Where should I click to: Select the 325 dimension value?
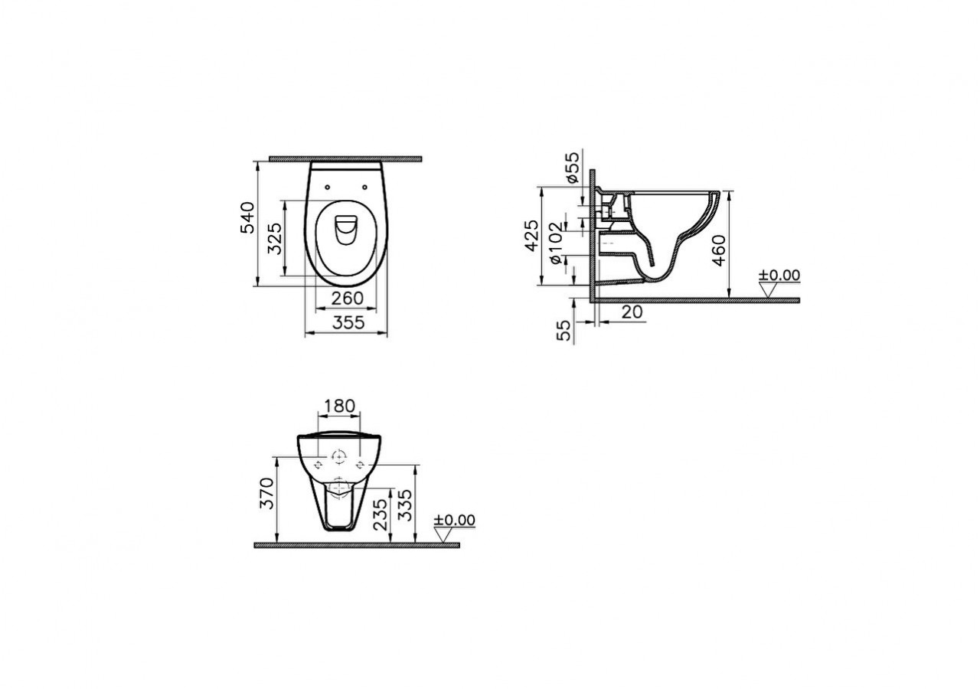pos(275,238)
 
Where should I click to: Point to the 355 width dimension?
pos(348,324)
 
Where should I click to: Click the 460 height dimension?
pos(718,250)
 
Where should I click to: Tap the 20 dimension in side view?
pos(632,312)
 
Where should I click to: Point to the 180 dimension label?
pos(338,406)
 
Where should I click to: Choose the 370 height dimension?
pos(266,496)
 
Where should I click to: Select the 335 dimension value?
pos(405,506)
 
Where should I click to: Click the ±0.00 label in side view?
pos(779,276)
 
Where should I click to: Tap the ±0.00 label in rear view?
pos(454,521)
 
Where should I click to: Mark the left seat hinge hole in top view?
pos(327,185)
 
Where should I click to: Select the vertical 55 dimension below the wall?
pos(565,331)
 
